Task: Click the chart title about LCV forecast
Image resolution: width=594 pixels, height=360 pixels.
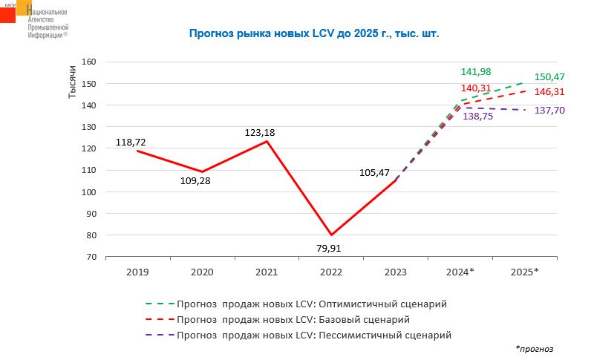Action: tap(315, 33)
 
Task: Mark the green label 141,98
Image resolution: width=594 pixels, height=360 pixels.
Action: tap(476, 71)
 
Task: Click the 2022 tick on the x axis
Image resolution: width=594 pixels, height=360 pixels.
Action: tap(331, 272)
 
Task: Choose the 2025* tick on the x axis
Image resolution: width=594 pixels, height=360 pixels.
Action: tap(525, 272)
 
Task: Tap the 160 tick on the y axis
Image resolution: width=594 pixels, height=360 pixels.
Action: tap(90, 62)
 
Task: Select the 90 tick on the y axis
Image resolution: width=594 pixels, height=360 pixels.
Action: tap(92, 214)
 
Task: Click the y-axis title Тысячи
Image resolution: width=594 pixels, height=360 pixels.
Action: tap(73, 82)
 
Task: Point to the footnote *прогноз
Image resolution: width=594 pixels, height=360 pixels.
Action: tap(535, 348)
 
